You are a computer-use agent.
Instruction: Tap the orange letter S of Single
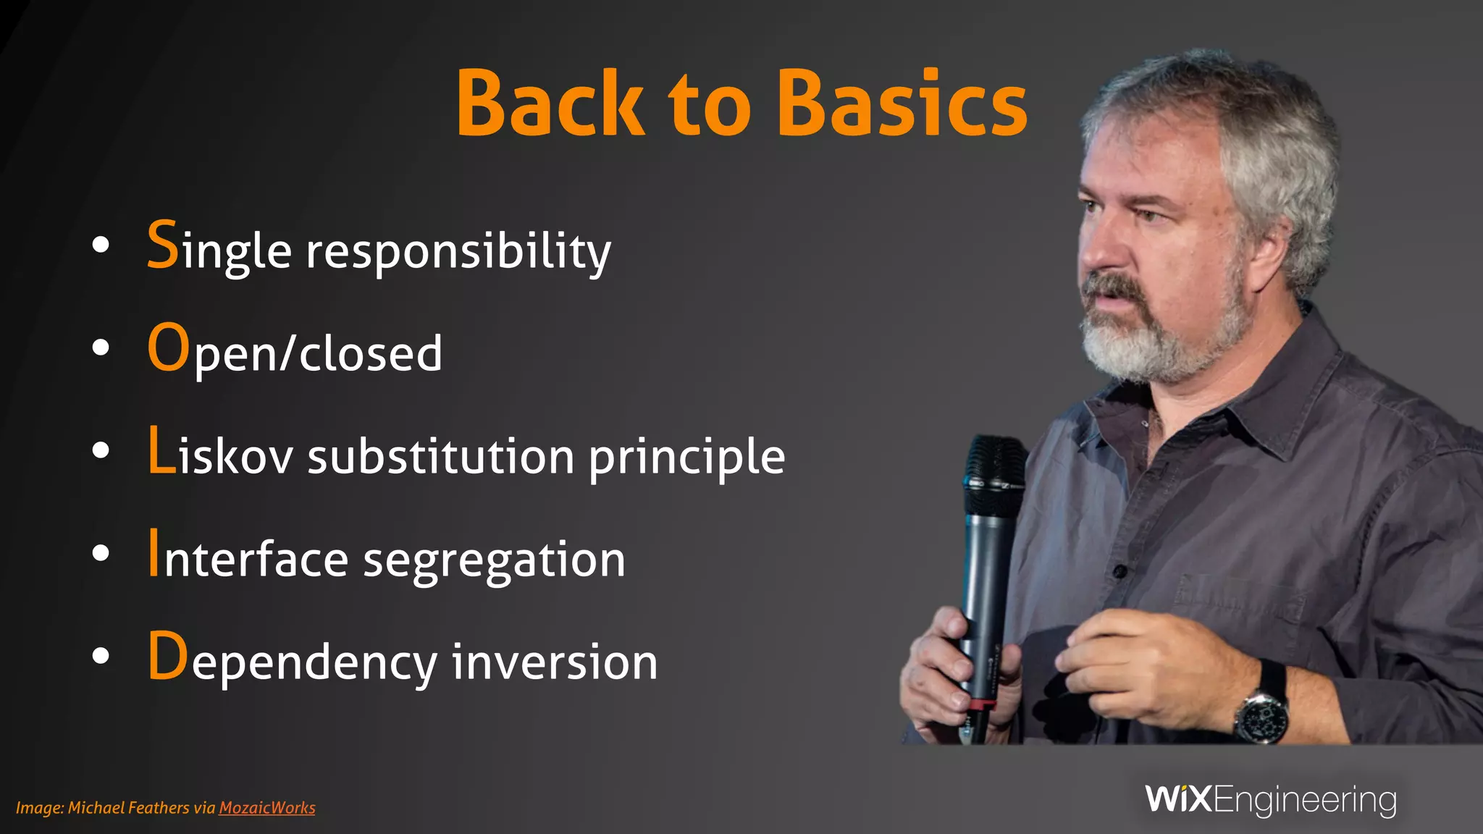click(163, 245)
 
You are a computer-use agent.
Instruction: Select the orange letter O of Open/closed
click(168, 347)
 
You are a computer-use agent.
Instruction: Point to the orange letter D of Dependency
click(168, 656)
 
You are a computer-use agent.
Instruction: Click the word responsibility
click(458, 252)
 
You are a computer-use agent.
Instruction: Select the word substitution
click(441, 457)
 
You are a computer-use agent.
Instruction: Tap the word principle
click(686, 458)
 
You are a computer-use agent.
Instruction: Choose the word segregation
click(494, 561)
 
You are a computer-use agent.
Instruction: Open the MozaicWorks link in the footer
click(266, 808)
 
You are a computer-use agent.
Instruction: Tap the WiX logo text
click(1178, 799)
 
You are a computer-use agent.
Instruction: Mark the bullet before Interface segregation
click(101, 554)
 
